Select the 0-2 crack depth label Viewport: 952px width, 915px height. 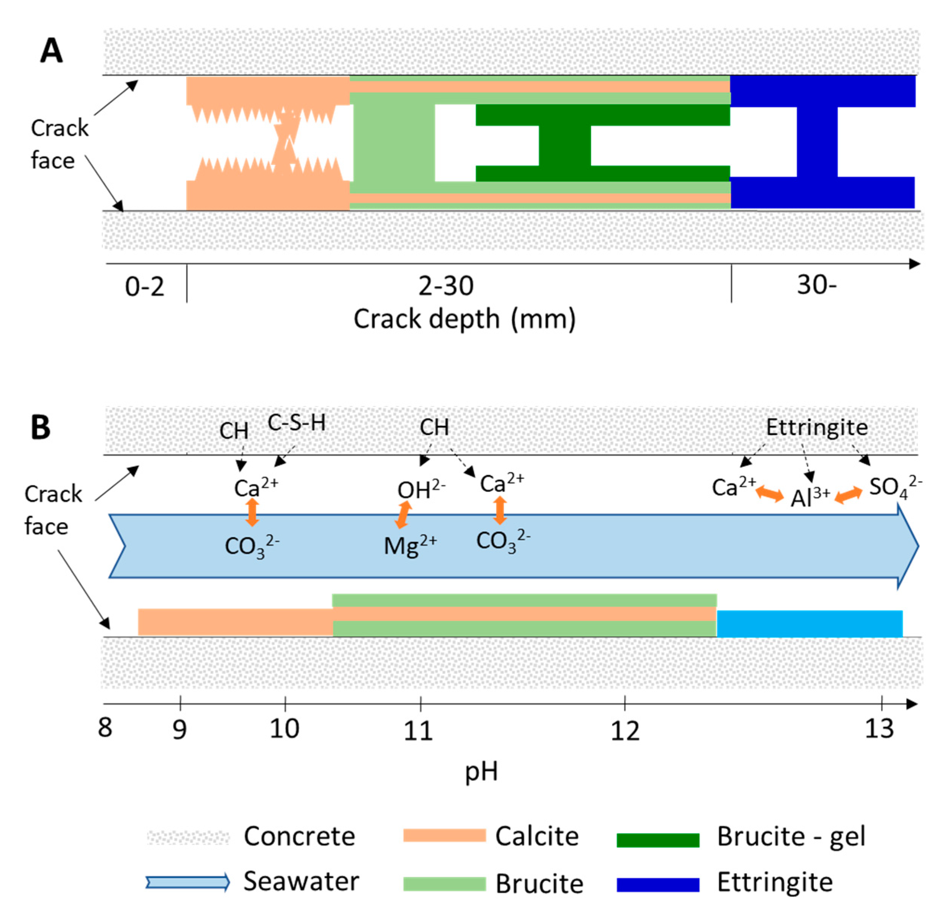[x=145, y=286]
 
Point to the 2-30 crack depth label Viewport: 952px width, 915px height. [x=446, y=286]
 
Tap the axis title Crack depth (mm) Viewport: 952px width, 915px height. [x=464, y=319]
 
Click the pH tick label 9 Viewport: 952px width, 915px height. [x=180, y=729]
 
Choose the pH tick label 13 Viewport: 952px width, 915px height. [x=879, y=729]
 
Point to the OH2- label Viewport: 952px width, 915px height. [x=421, y=490]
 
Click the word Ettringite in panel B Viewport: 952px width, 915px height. [x=817, y=427]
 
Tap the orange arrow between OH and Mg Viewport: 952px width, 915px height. [x=403, y=515]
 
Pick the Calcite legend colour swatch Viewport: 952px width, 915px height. [x=444, y=835]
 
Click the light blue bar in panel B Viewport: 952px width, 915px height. [x=810, y=623]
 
